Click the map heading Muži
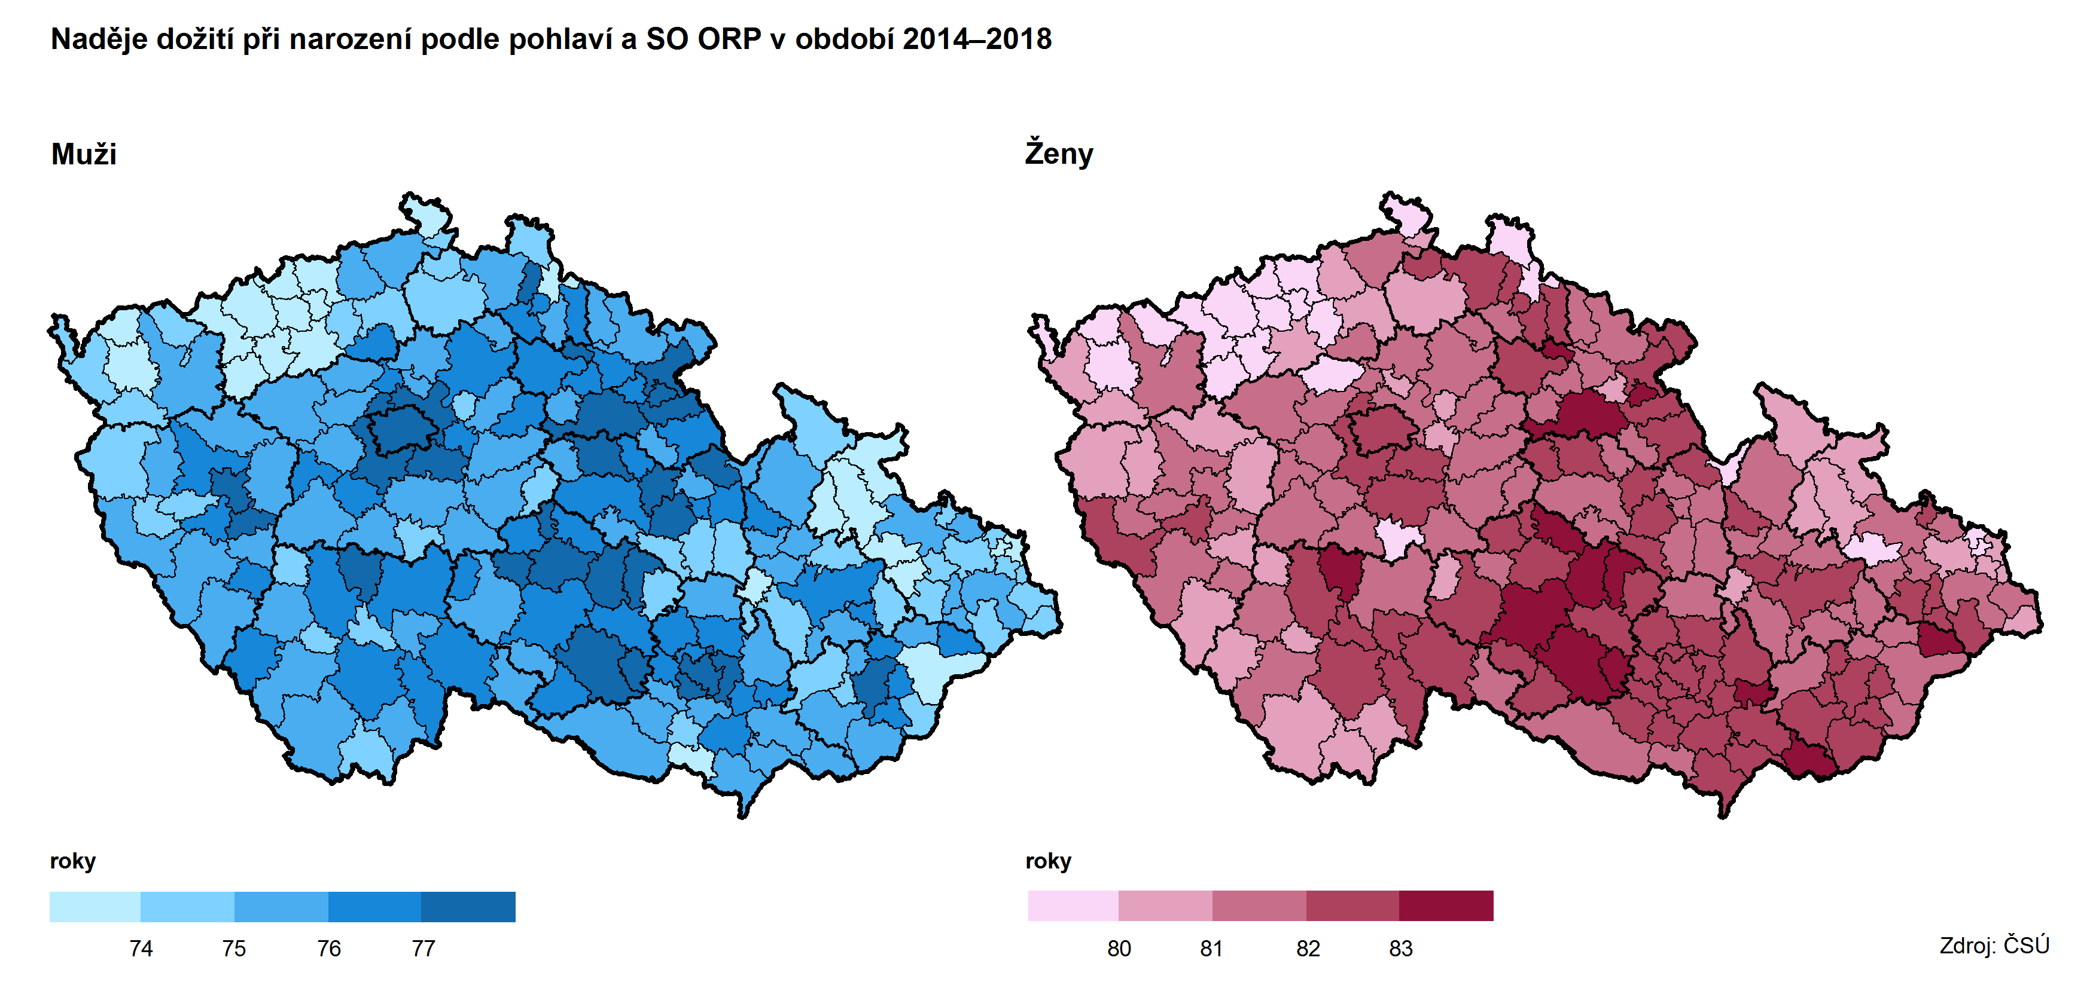click(84, 154)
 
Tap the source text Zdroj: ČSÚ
click(1993, 945)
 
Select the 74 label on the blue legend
click(141, 948)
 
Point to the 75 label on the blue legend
click(234, 948)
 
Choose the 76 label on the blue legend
click(328, 948)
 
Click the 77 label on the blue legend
click(423, 948)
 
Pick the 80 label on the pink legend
click(1119, 948)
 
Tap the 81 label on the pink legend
click(1212, 948)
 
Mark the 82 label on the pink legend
click(1308, 948)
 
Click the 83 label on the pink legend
click(1401, 948)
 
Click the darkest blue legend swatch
click(468, 907)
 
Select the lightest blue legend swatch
click(95, 907)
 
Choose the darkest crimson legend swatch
click(1446, 906)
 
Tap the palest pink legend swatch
click(1073, 906)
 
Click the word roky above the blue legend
click(72, 861)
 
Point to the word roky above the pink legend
click(1048, 861)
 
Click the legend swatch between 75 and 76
click(281, 907)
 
